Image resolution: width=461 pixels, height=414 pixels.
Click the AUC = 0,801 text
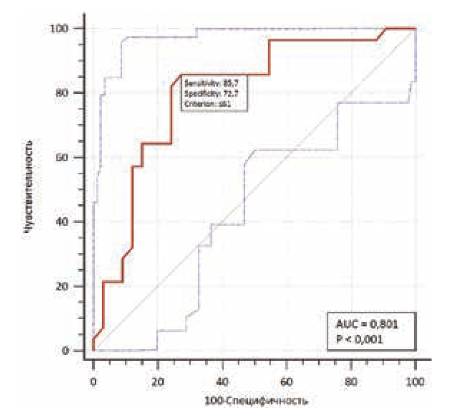[x=367, y=326]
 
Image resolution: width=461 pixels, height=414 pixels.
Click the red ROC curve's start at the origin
[x=93, y=350]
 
